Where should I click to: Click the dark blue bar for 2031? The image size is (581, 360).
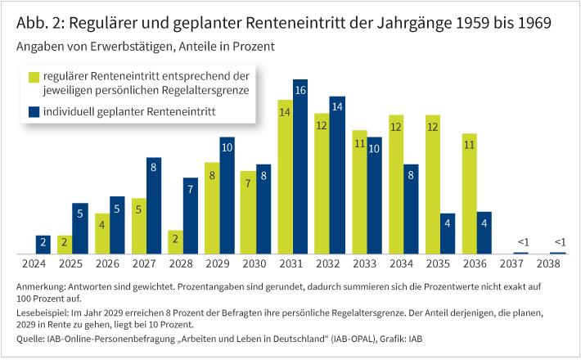300,168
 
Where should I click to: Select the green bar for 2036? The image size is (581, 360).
469,194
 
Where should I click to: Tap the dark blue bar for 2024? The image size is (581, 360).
43,244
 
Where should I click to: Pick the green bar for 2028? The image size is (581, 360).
175,242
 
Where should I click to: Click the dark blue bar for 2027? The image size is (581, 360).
154,206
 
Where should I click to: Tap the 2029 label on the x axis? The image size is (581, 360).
218,265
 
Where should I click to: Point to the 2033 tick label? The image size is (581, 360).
365,265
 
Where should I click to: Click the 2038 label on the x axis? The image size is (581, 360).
548,265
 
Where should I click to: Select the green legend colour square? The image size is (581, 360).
34,76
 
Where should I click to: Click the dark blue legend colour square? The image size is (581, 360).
34,111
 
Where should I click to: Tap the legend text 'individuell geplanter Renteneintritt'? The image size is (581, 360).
129,111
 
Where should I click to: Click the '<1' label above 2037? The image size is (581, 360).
521,241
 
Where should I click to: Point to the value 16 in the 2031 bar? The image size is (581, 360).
300,90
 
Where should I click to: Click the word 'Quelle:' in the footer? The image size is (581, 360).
32,338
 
